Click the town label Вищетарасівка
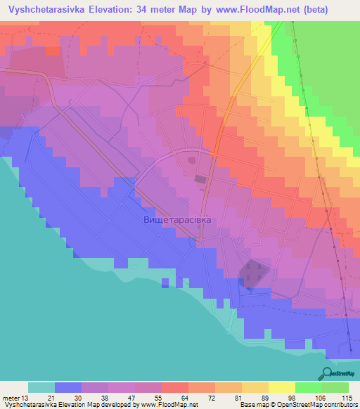(x=176, y=219)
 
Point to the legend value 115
(x=347, y=398)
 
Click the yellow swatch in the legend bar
(x=281, y=387)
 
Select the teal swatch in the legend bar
(x=41, y=387)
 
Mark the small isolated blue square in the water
(x=165, y=283)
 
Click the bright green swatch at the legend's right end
(x=335, y=387)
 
